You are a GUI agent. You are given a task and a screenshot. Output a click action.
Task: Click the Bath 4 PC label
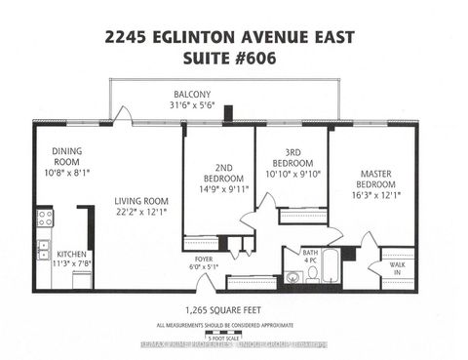click(309, 256)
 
